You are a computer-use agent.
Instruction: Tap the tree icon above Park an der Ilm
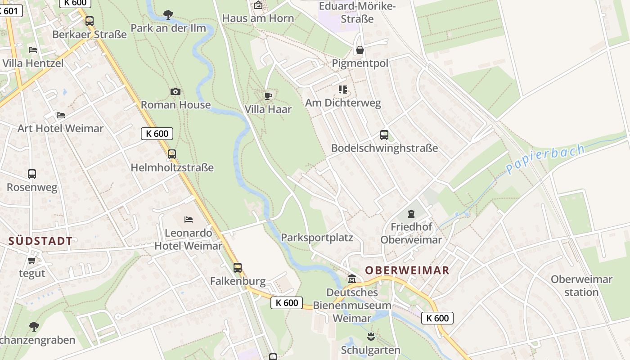click(168, 15)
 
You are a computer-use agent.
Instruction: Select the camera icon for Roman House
click(175, 92)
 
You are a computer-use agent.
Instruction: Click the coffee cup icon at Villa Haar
click(268, 96)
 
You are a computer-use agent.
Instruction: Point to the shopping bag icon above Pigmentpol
click(360, 50)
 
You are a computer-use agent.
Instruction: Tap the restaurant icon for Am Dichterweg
click(343, 90)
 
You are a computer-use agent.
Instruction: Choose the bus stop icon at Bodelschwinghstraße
click(384, 135)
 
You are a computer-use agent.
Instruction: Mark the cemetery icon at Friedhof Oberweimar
click(411, 214)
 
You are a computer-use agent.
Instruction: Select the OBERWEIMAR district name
click(407, 270)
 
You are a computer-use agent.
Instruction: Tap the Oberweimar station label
click(581, 286)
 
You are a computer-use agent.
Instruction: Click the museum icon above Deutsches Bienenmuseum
click(352, 279)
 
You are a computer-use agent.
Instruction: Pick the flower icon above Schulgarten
click(371, 336)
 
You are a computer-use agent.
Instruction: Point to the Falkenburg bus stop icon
click(238, 268)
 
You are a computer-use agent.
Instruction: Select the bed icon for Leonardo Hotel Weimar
click(189, 220)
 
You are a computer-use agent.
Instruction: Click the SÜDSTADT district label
click(40, 241)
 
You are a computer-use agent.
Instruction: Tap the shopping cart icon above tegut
click(31, 261)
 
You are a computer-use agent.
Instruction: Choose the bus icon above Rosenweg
click(32, 174)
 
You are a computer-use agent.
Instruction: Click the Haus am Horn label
click(258, 18)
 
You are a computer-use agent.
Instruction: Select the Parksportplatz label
click(317, 238)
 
